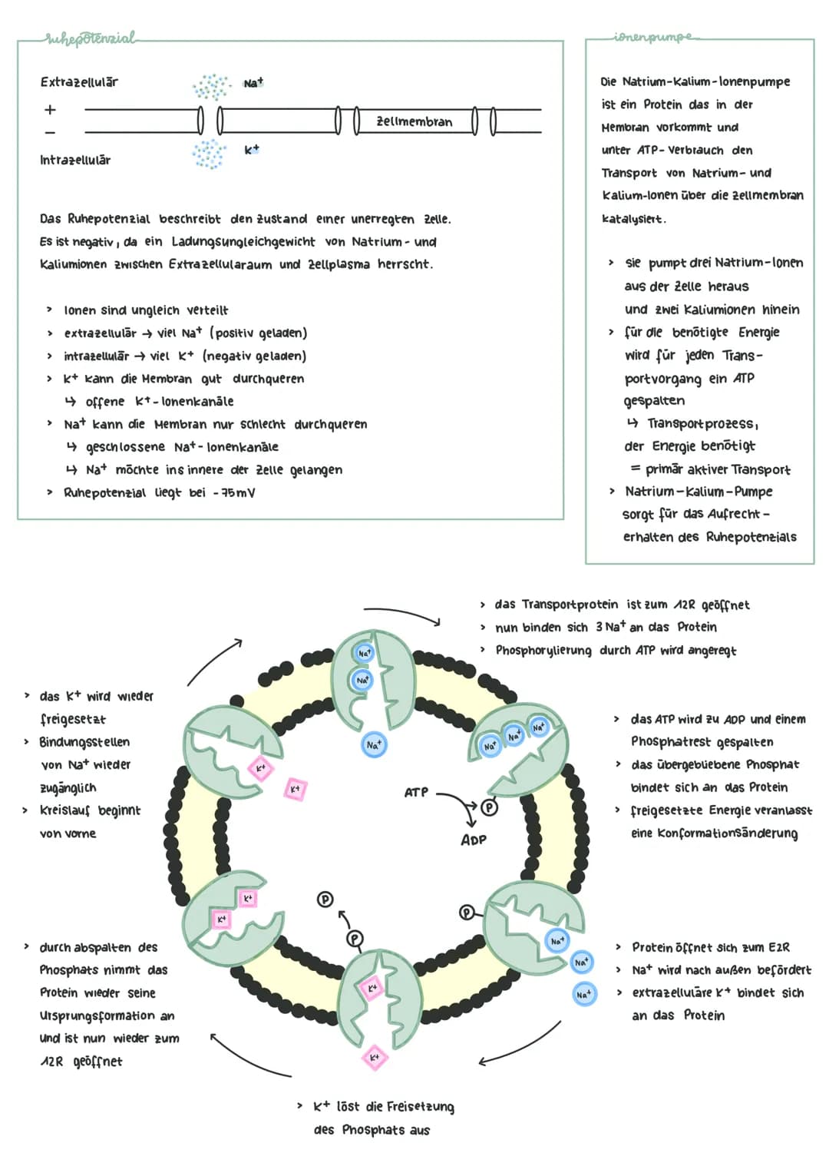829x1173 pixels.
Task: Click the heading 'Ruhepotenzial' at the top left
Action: (x=91, y=38)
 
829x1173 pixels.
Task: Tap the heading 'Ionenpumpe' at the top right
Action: (x=652, y=37)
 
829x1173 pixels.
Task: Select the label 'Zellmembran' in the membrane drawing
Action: (x=414, y=121)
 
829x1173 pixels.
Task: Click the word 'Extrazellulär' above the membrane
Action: (x=79, y=82)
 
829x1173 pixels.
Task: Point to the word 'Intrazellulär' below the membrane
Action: (x=75, y=160)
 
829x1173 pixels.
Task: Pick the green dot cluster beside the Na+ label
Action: (x=211, y=87)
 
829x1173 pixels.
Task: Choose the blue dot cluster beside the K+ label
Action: (x=209, y=153)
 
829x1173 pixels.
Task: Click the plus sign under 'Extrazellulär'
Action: (x=50, y=110)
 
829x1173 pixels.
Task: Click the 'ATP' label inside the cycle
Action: (x=416, y=791)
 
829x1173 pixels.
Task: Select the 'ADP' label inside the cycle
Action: (x=474, y=840)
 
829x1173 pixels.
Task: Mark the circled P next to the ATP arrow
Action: (x=489, y=807)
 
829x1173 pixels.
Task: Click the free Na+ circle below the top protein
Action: (x=373, y=744)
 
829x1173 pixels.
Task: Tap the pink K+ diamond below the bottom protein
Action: (x=375, y=1057)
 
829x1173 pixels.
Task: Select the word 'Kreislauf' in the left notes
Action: (x=65, y=810)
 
